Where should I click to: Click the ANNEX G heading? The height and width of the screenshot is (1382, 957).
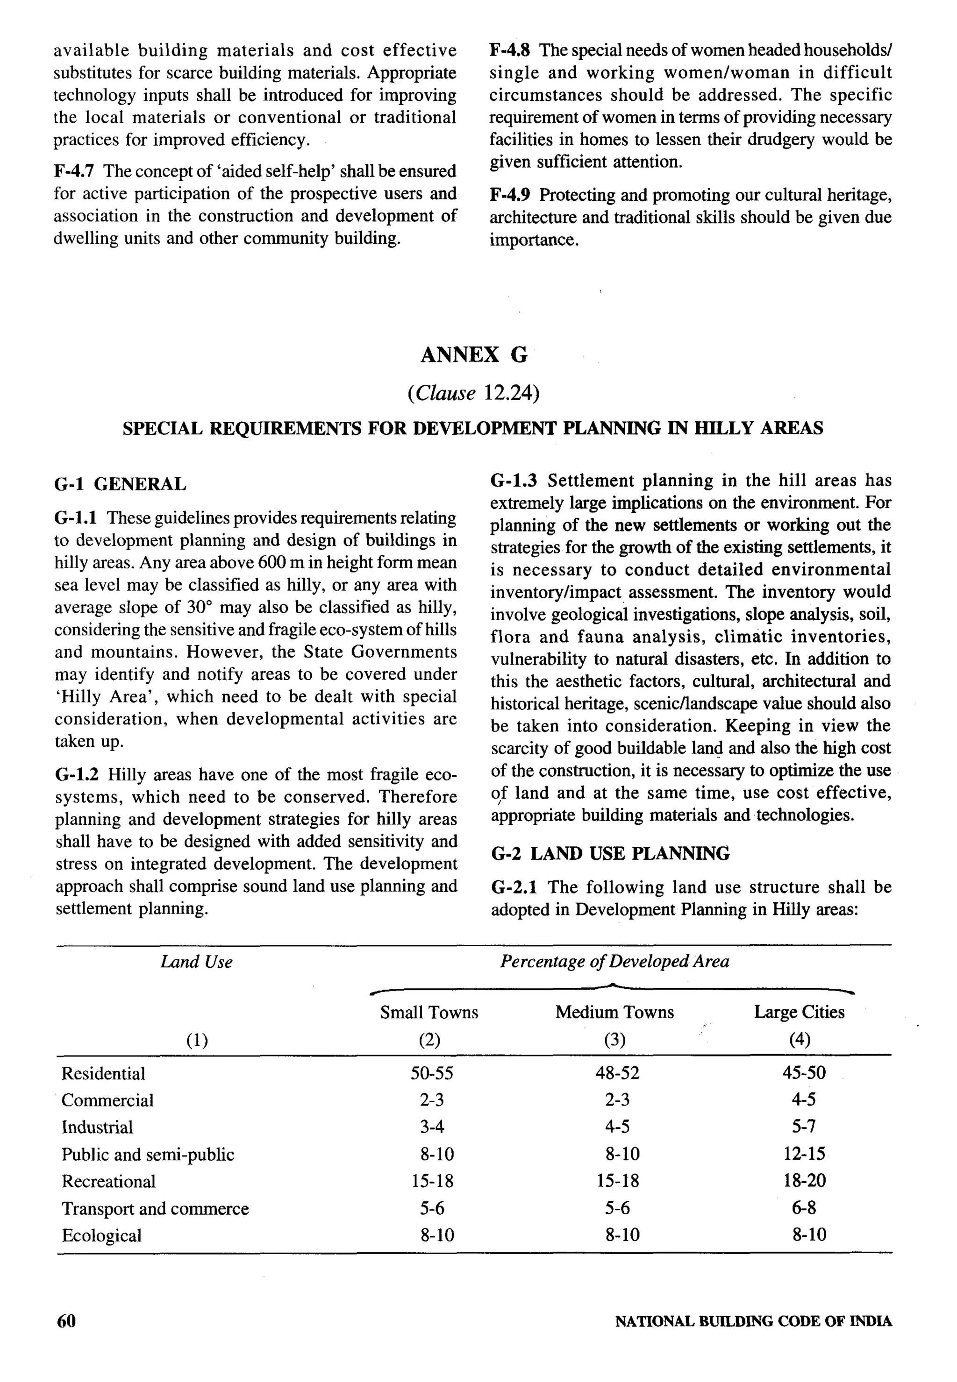[x=474, y=355]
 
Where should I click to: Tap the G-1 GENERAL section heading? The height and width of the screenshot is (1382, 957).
[x=120, y=484]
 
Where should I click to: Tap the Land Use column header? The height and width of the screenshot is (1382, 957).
[x=196, y=962]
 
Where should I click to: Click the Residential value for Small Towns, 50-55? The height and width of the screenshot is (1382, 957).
[x=432, y=1073]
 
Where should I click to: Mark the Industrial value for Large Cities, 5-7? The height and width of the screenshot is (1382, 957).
[x=803, y=1127]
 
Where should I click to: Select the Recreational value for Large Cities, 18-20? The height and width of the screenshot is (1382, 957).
[x=804, y=1181]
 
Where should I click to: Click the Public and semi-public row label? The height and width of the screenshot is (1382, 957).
[x=148, y=1154]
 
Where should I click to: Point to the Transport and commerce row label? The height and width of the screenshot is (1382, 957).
[x=155, y=1208]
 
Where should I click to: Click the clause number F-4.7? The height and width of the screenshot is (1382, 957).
[x=74, y=171]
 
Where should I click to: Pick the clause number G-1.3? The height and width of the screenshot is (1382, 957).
[x=513, y=481]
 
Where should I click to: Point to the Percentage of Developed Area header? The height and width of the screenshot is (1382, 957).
[x=614, y=961]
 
